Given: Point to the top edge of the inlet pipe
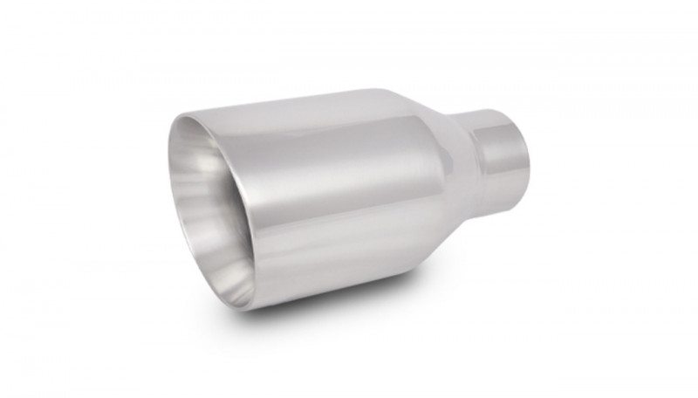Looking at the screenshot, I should coord(493,114).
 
